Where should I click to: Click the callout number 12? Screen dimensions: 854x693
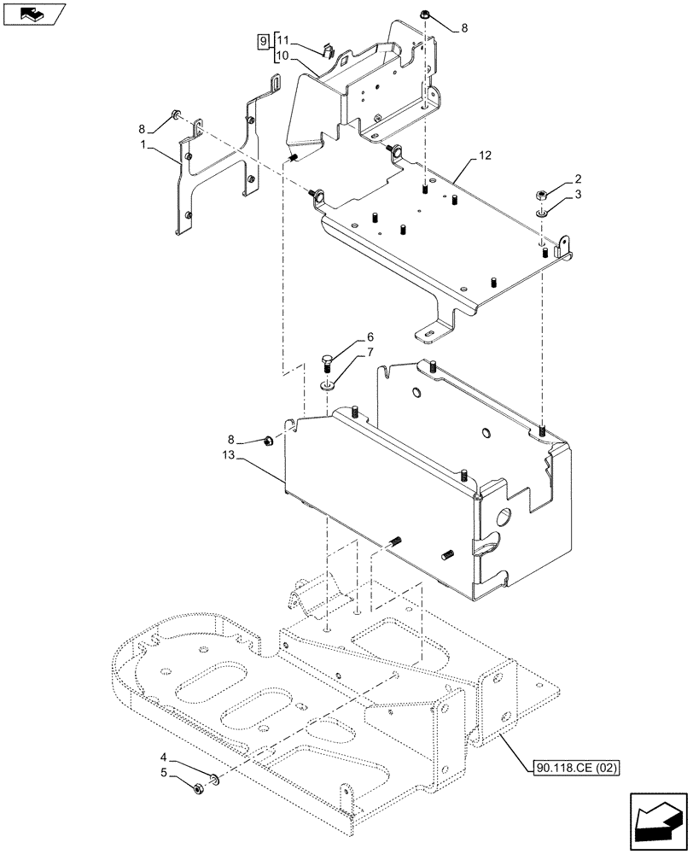coord(486,157)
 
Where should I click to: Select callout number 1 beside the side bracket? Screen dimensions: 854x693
coord(146,147)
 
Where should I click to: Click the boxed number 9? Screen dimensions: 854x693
coord(263,40)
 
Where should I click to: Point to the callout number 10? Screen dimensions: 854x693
coord(283,56)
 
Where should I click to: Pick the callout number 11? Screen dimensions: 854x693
coord(283,40)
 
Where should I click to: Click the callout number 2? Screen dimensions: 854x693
coord(578,178)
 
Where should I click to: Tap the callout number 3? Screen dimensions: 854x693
coord(578,196)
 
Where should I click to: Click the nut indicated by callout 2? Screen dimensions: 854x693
coord(542,195)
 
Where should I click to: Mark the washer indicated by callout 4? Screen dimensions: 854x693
coord(214,779)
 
